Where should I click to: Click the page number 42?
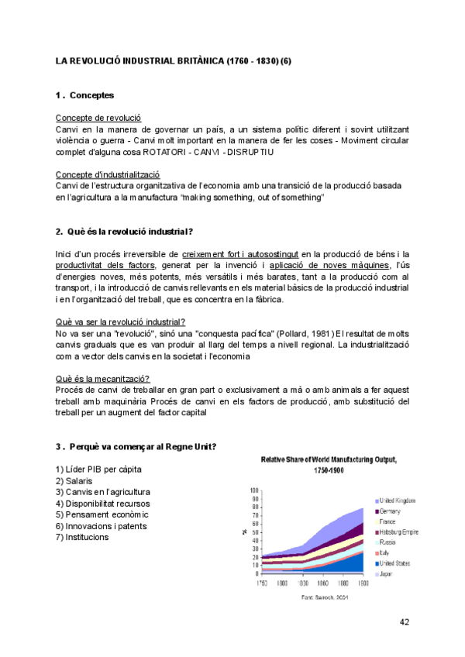(x=404, y=621)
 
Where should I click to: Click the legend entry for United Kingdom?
(x=398, y=501)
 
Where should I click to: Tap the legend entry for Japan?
(x=387, y=574)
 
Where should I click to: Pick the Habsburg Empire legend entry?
(x=398, y=532)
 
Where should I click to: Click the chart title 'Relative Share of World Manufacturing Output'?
(x=329, y=459)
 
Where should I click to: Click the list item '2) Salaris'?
(x=74, y=481)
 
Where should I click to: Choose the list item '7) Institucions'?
(x=82, y=537)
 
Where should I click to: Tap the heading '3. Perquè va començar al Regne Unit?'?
(x=136, y=447)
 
